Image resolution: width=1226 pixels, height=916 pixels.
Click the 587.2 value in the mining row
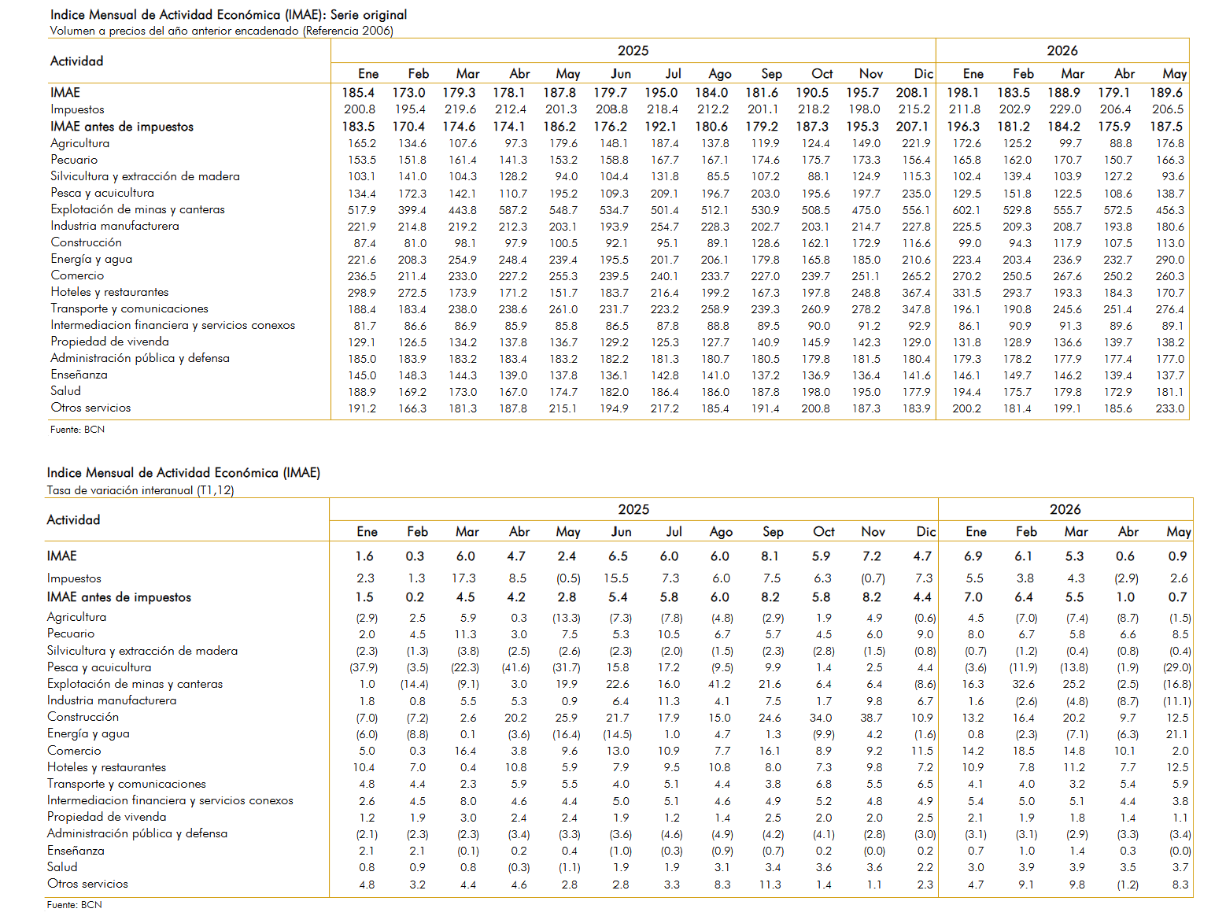513,210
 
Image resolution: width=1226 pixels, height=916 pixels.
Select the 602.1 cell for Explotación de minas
966,210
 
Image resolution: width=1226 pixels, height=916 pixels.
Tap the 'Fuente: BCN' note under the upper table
77,429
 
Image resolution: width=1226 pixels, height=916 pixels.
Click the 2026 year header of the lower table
1065,509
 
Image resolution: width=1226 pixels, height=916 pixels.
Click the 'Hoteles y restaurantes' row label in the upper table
109,291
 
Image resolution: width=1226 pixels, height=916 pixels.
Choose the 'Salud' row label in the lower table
62,867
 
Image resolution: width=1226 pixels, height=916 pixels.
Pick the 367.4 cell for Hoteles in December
916,293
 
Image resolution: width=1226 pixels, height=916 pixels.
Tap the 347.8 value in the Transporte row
916,308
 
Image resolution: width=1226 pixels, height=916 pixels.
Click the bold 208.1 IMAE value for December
912,93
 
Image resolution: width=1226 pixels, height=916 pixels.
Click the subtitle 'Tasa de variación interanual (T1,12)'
140,489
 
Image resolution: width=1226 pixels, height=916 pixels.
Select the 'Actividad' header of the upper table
76,61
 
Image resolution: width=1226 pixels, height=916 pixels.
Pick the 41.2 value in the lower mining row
719,684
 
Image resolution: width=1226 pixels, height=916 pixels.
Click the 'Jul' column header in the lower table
674,532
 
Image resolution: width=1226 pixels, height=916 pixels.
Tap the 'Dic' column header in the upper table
923,74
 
